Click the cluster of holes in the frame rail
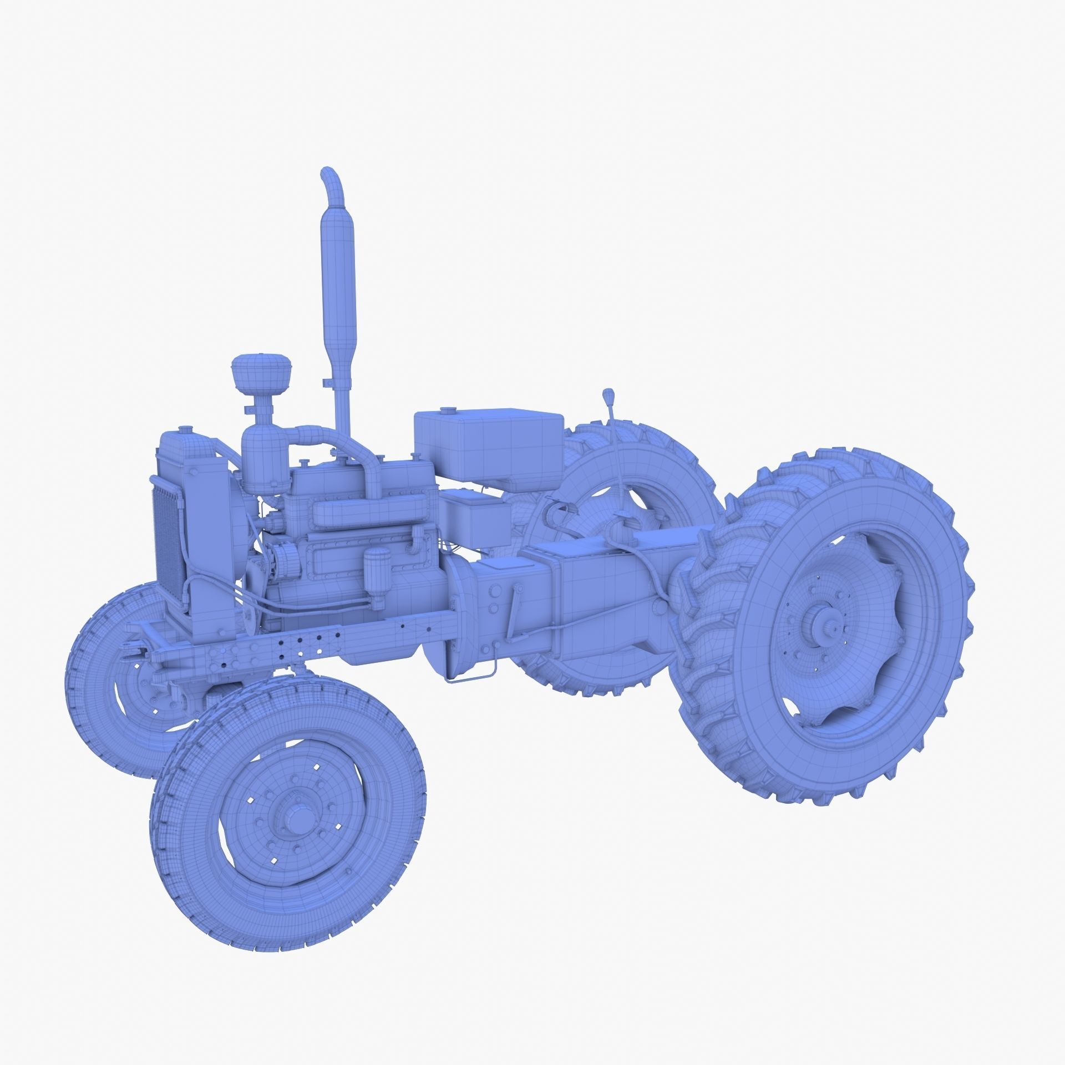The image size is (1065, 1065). (300, 645)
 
